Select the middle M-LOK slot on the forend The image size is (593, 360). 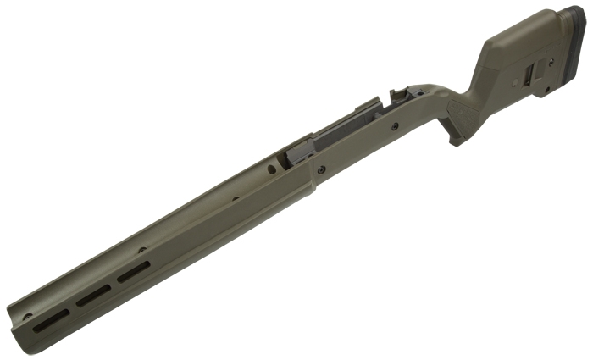(x=91, y=296)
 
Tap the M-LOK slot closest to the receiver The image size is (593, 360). (x=133, y=272)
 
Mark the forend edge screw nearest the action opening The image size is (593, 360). (x=235, y=201)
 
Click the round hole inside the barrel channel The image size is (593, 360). (x=270, y=169)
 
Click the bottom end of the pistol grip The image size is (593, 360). (x=457, y=141)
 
